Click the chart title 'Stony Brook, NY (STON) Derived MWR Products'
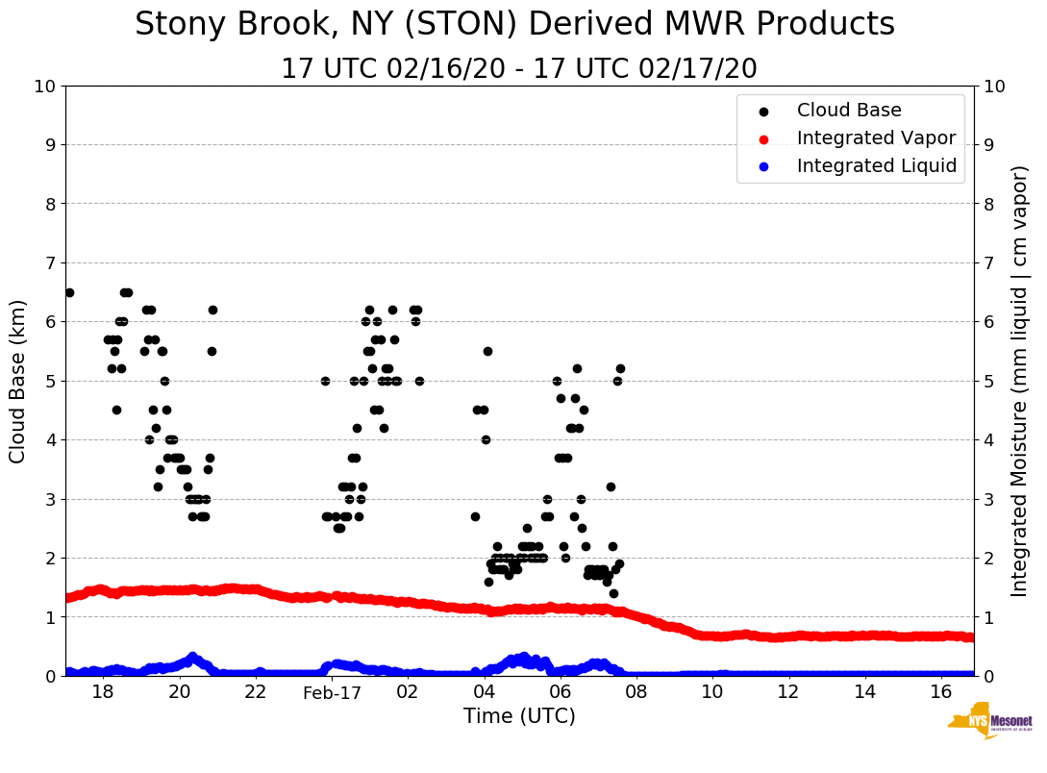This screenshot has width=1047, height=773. click(x=514, y=25)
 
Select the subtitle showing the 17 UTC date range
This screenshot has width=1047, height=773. click(x=519, y=69)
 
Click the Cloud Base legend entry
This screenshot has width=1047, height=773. click(x=848, y=111)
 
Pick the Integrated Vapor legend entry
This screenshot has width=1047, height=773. click(x=876, y=138)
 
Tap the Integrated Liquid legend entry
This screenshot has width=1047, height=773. click(x=876, y=166)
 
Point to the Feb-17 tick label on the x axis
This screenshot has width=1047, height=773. click(x=332, y=692)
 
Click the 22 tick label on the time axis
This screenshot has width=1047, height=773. click(x=256, y=692)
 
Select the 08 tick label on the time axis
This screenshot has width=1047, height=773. click(x=636, y=692)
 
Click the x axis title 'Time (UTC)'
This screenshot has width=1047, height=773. click(x=519, y=716)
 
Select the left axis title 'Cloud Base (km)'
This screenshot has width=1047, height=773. click(x=18, y=381)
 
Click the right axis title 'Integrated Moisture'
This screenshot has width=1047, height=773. click(x=1020, y=381)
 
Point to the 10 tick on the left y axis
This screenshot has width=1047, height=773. click(x=45, y=87)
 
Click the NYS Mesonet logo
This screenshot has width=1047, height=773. click(x=989, y=724)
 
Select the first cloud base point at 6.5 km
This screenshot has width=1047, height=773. click(x=69, y=292)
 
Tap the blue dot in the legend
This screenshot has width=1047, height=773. click(x=763, y=166)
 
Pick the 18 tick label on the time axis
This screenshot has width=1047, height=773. click(x=103, y=692)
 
